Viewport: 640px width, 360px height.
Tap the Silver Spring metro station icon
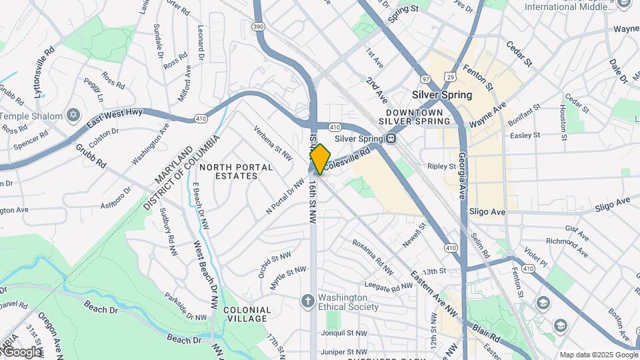(x=391, y=139)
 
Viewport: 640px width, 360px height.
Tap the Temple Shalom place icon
(x=73, y=116)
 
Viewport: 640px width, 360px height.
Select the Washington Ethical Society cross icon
(x=308, y=301)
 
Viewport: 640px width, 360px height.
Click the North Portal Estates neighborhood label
(x=236, y=171)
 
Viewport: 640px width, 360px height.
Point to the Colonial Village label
(x=247, y=314)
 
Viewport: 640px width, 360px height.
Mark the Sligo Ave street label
(x=488, y=211)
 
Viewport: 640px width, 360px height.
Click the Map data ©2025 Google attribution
(x=598, y=355)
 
